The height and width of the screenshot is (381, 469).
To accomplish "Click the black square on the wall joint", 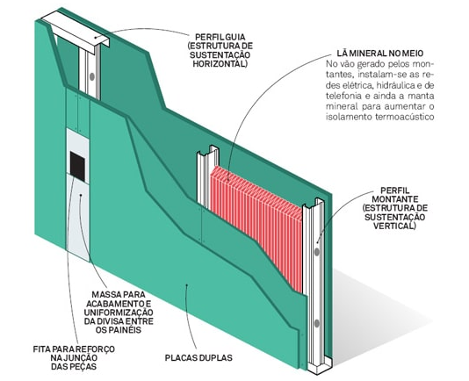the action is point(77,167).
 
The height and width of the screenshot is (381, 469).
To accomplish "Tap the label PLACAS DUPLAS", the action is point(198,357).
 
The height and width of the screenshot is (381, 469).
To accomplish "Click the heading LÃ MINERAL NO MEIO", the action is point(380,54).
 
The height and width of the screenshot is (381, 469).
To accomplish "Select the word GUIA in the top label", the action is point(235,37).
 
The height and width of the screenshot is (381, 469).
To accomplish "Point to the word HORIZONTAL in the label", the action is point(220,64).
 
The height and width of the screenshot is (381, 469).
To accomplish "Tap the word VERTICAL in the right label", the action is point(394,226).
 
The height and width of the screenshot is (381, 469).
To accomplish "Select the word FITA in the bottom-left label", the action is point(41,349).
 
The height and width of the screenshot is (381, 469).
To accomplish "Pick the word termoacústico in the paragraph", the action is point(405,117).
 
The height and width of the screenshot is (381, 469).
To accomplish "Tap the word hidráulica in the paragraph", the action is point(395,85).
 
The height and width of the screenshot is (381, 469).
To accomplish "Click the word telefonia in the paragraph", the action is point(341,96).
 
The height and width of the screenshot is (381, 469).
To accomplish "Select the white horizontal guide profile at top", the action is point(76,30).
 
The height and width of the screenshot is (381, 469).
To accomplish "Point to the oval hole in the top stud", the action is point(92,76).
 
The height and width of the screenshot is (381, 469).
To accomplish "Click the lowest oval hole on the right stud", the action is point(317,324).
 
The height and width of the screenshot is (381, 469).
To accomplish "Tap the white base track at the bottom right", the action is point(320,364).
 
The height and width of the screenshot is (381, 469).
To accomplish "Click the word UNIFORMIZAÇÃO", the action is point(119,313).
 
